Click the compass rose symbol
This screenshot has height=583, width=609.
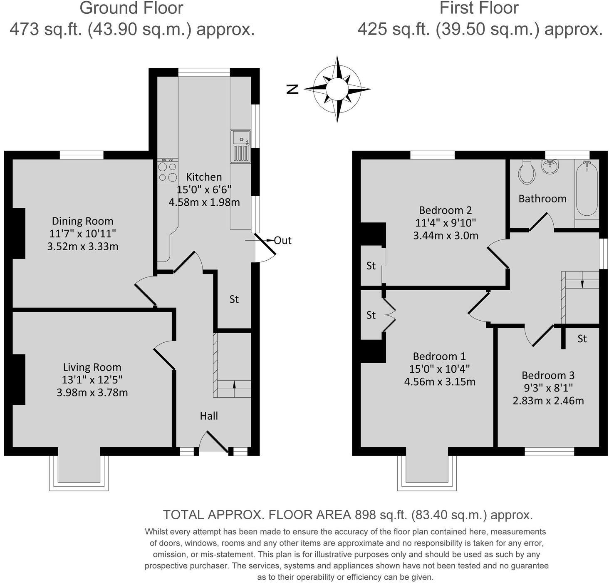(337, 89)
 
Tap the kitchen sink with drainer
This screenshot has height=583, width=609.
(241, 147)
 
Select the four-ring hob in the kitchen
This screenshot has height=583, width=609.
(168, 171)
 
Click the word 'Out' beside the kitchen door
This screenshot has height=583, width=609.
(283, 240)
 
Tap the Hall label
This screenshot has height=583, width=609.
(209, 416)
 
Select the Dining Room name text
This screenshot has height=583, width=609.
(82, 221)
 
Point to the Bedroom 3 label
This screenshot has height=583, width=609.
(548, 375)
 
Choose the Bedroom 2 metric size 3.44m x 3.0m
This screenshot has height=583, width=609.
(446, 236)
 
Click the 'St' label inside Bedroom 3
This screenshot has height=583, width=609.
(582, 339)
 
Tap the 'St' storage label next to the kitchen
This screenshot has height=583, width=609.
(234, 299)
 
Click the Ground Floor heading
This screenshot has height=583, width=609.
(131, 8)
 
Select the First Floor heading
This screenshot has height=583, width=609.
(479, 8)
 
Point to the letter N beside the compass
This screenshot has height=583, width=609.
(293, 89)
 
